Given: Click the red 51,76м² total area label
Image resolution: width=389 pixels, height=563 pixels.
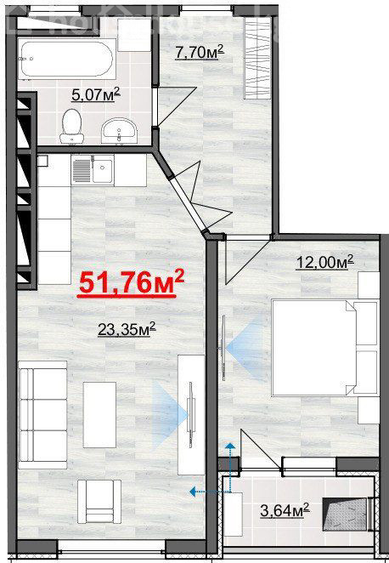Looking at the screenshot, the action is coord(131,284).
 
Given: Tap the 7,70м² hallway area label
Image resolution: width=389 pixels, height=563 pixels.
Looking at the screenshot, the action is coord(200,52).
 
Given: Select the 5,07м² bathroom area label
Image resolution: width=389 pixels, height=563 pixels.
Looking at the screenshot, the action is coord(96,94).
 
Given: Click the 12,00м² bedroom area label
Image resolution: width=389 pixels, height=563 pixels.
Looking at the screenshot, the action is coord(324,262).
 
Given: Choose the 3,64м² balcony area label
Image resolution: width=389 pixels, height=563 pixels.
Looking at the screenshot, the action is coord(285,510).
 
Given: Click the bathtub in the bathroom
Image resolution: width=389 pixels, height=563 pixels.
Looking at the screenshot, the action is coord(67,59).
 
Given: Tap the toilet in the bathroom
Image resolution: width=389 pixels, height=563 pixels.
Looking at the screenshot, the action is coord(71,126).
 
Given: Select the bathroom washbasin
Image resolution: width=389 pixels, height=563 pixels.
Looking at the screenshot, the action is coord(120,131).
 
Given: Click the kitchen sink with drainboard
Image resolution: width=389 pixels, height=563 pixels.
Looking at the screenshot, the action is coord(93,170).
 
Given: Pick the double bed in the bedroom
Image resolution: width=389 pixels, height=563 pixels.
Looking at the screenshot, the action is coord(324,348).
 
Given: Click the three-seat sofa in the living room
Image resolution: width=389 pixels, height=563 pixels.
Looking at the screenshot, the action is coord(43,415).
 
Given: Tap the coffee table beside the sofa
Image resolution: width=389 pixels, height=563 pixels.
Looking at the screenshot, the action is coord(99,415).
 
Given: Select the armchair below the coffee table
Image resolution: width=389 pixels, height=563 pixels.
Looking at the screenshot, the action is coord(99,502).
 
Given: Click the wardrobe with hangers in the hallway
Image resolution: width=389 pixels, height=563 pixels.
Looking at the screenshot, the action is coord(257,58).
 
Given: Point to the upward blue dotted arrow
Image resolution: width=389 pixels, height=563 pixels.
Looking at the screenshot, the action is coord(230,468).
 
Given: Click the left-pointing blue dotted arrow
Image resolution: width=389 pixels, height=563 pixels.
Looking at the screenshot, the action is coord(210,491).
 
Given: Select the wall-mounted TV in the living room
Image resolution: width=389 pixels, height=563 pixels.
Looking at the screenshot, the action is coord(191,415).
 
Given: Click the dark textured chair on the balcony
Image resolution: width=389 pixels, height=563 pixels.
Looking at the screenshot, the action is coord(346,514).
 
